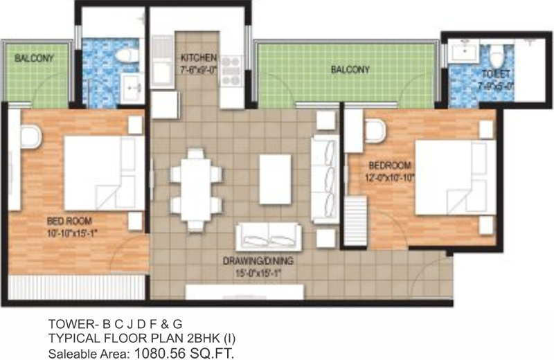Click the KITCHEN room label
[199, 57]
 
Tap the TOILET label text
[497, 74]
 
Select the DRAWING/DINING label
[257, 261]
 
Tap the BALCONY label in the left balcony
[34, 59]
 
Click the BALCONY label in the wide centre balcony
[350, 70]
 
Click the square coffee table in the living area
[275, 179]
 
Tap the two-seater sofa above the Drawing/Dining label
[268, 237]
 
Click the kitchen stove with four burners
[231, 71]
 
